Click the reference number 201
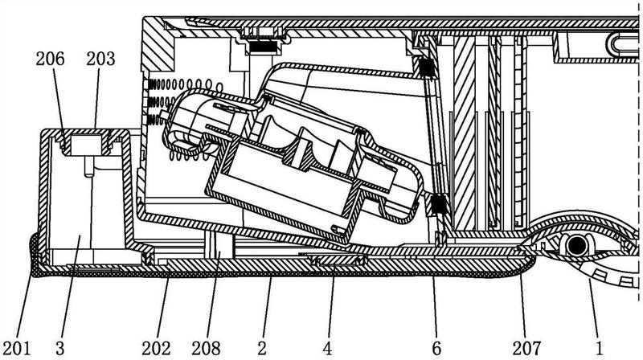[x=16, y=349]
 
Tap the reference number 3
[x=59, y=349]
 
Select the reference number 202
[x=156, y=349]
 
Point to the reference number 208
[x=206, y=349]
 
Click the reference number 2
[x=262, y=349]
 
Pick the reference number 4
[x=327, y=349]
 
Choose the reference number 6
[x=436, y=349]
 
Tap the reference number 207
[x=527, y=349]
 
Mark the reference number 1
[x=599, y=349]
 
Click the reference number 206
[x=50, y=59]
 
